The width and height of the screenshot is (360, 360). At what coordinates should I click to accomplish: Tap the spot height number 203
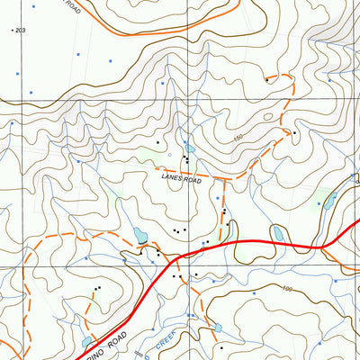click(22, 31)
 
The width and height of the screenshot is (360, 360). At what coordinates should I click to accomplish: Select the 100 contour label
click(287, 289)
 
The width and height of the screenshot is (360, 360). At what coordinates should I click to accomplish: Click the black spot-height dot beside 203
click(13, 31)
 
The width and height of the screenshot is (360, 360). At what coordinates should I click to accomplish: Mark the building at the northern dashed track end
click(267, 80)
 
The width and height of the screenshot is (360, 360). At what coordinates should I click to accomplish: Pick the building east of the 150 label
click(293, 133)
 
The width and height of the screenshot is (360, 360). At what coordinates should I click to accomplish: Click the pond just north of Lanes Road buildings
click(189, 148)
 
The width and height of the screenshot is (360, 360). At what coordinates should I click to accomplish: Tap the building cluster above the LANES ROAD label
click(185, 161)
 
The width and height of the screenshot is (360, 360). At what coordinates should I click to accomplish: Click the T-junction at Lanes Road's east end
click(223, 180)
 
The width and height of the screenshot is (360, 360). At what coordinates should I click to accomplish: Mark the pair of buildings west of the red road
click(96, 290)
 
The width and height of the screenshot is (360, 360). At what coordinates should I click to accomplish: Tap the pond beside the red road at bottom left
click(87, 342)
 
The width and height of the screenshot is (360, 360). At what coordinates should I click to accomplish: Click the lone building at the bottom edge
click(220, 346)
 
